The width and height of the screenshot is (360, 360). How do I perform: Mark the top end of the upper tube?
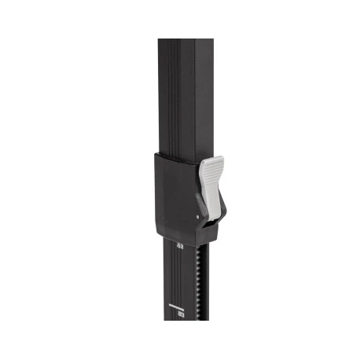[186, 41]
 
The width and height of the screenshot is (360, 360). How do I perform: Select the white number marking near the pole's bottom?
[181, 313]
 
